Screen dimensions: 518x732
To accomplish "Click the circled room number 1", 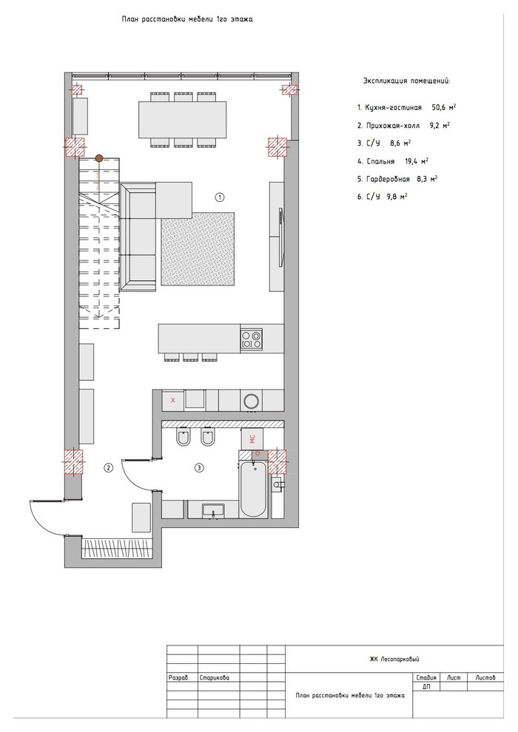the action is coord(220,197).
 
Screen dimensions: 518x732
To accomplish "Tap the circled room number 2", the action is coord(108,467).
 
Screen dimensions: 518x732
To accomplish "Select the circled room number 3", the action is coord(200,467).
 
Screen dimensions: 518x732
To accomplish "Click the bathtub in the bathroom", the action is coord(254,489).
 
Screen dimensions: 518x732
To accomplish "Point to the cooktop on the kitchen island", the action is coord(252,339).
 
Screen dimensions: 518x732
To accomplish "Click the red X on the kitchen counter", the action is coord(173,400).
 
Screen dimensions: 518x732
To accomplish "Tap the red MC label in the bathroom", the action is coord(252,438).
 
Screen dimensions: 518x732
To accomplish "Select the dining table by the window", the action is coord(182,120).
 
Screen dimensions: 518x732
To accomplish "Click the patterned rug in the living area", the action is coord(198,248).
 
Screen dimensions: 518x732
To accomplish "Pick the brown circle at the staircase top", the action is coord(99,158).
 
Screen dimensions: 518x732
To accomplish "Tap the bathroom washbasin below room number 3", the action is coord(213,511).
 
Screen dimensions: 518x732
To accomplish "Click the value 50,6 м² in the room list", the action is coord(444,107).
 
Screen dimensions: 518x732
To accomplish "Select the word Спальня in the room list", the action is coord(380,161).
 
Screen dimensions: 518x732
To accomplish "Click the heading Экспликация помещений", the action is coord(407,81).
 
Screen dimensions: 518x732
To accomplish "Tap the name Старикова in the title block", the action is coord(215,677).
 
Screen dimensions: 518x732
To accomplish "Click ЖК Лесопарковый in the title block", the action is coord(394,660).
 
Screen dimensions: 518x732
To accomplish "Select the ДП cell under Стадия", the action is coord(426,687).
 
